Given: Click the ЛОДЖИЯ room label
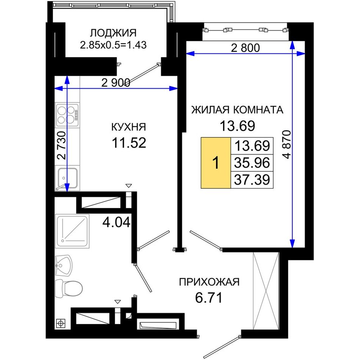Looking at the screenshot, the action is tap(113, 33).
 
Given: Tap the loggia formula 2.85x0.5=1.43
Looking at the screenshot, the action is tap(113, 45).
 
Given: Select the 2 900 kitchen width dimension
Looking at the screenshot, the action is tap(116, 83).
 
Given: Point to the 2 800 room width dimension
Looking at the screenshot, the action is tap(245, 48).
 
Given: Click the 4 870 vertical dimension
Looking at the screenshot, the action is tap(287, 145).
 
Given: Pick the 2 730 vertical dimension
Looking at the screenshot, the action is tap(61, 146).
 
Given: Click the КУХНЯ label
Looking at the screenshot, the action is tap(128, 127).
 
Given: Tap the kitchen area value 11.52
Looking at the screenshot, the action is tap(129, 142).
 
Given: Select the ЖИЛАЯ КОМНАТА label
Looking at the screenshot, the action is tap(237, 110).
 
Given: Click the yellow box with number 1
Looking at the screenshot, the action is tap(216, 163).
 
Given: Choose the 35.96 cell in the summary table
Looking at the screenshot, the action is tap(252, 163).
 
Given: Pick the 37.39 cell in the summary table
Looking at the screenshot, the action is tap(252, 180).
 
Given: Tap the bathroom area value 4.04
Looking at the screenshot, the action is tap(116, 222).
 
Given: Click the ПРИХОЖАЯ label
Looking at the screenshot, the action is tap(209, 282).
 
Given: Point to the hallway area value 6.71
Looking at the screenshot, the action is tap(209, 298).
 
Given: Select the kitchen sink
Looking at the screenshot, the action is tap(67, 178).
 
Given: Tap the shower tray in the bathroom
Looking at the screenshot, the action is tap(72, 231).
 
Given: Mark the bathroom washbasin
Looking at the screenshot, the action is tap(63, 266).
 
